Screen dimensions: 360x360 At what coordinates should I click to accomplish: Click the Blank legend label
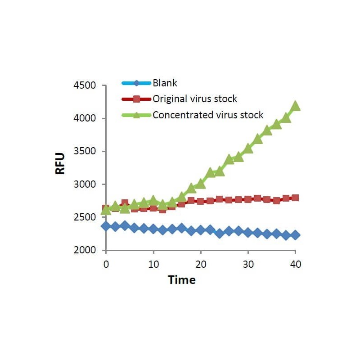coord(165,83)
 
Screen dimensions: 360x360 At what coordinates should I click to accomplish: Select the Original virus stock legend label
coord(195,99)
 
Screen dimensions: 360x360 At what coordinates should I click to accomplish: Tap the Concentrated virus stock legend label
coord(208,115)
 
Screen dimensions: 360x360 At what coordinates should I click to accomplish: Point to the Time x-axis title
coord(182,280)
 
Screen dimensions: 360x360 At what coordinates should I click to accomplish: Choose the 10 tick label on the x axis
coord(153,264)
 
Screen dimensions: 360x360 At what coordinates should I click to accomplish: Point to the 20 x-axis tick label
coord(201,264)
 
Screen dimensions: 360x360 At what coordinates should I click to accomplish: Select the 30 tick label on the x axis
coord(248,264)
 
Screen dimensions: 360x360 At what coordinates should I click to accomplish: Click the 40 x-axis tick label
coord(295,264)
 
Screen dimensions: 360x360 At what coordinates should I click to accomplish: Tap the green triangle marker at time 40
coord(295,106)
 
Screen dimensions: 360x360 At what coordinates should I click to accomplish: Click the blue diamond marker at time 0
coord(106,225)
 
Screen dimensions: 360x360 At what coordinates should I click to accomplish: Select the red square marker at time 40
coord(295,198)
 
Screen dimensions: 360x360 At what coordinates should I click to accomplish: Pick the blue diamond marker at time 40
coord(295,235)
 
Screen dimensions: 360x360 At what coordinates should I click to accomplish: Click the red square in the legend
coord(137,99)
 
